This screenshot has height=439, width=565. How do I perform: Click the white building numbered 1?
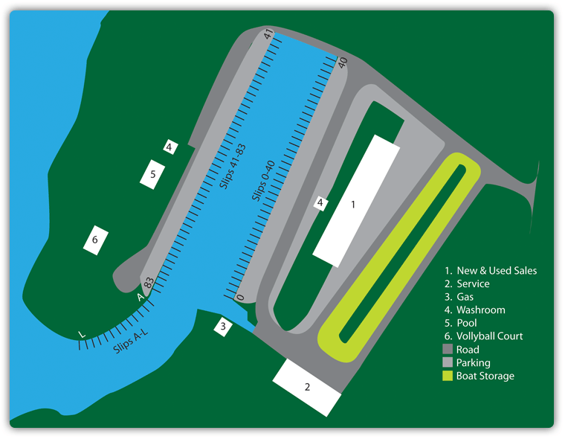click(x=356, y=201)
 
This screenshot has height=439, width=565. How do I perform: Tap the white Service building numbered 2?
click(x=306, y=387)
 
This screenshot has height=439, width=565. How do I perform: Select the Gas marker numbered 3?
click(x=223, y=327)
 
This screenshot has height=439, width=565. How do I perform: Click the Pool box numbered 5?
click(x=152, y=174)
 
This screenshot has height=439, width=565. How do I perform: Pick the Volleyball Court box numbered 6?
click(x=95, y=240)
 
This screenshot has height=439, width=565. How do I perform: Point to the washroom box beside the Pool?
click(x=170, y=147)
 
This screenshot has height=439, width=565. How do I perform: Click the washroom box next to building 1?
click(x=320, y=203)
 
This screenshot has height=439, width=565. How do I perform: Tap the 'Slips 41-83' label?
click(x=233, y=166)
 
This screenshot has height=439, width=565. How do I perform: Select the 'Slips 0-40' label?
click(x=263, y=180)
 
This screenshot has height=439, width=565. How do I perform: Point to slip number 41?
click(x=269, y=34)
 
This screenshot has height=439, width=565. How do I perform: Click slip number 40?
click(x=343, y=62)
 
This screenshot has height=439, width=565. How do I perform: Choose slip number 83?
click(x=149, y=282)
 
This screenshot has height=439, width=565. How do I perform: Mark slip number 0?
click(x=240, y=298)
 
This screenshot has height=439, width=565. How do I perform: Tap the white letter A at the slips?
click(x=141, y=297)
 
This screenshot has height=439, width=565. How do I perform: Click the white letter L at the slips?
click(x=83, y=334)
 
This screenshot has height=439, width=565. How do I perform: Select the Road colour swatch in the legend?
click(x=448, y=349)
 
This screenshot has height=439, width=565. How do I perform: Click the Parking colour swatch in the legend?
click(x=448, y=362)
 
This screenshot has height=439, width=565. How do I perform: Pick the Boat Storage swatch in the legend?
click(x=448, y=376)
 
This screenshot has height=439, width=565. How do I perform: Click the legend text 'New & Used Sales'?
click(x=497, y=271)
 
